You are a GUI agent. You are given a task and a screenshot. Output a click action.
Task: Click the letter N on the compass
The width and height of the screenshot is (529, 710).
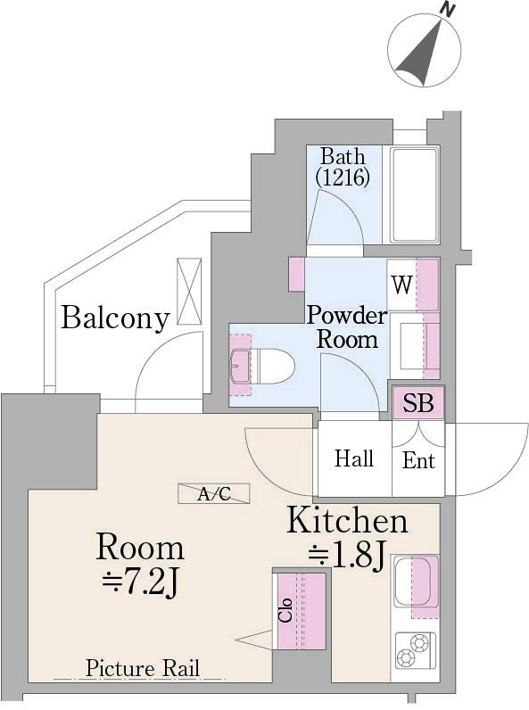click(448, 10)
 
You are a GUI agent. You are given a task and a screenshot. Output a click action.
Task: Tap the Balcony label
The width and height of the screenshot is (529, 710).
click(115, 318)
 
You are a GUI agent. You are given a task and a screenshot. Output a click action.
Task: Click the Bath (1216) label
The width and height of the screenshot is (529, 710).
click(343, 168)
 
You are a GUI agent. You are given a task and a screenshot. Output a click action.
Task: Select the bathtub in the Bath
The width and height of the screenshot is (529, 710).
click(415, 194)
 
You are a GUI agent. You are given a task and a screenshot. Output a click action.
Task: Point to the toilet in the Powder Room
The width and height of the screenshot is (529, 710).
click(262, 366)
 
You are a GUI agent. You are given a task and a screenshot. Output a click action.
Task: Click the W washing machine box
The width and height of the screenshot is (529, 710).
click(401, 285)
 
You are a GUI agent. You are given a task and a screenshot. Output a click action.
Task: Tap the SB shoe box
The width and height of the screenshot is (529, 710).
click(418, 402)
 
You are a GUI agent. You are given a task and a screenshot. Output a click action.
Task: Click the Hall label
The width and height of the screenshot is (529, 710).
click(354, 458)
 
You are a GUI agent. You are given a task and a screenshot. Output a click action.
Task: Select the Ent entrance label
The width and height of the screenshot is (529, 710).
click(418, 460)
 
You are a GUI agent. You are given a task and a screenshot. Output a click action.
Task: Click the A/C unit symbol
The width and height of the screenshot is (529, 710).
click(214, 493)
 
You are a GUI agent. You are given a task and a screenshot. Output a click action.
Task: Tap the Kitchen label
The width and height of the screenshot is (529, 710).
click(347, 521)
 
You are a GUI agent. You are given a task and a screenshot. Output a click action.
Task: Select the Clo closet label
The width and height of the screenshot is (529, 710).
click(285, 610)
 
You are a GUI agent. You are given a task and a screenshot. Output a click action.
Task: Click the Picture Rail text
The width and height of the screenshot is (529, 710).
click(142, 668)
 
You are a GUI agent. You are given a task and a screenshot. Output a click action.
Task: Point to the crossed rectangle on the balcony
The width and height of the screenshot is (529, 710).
click(189, 291)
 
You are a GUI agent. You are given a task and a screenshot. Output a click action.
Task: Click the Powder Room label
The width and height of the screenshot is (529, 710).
click(347, 327)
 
